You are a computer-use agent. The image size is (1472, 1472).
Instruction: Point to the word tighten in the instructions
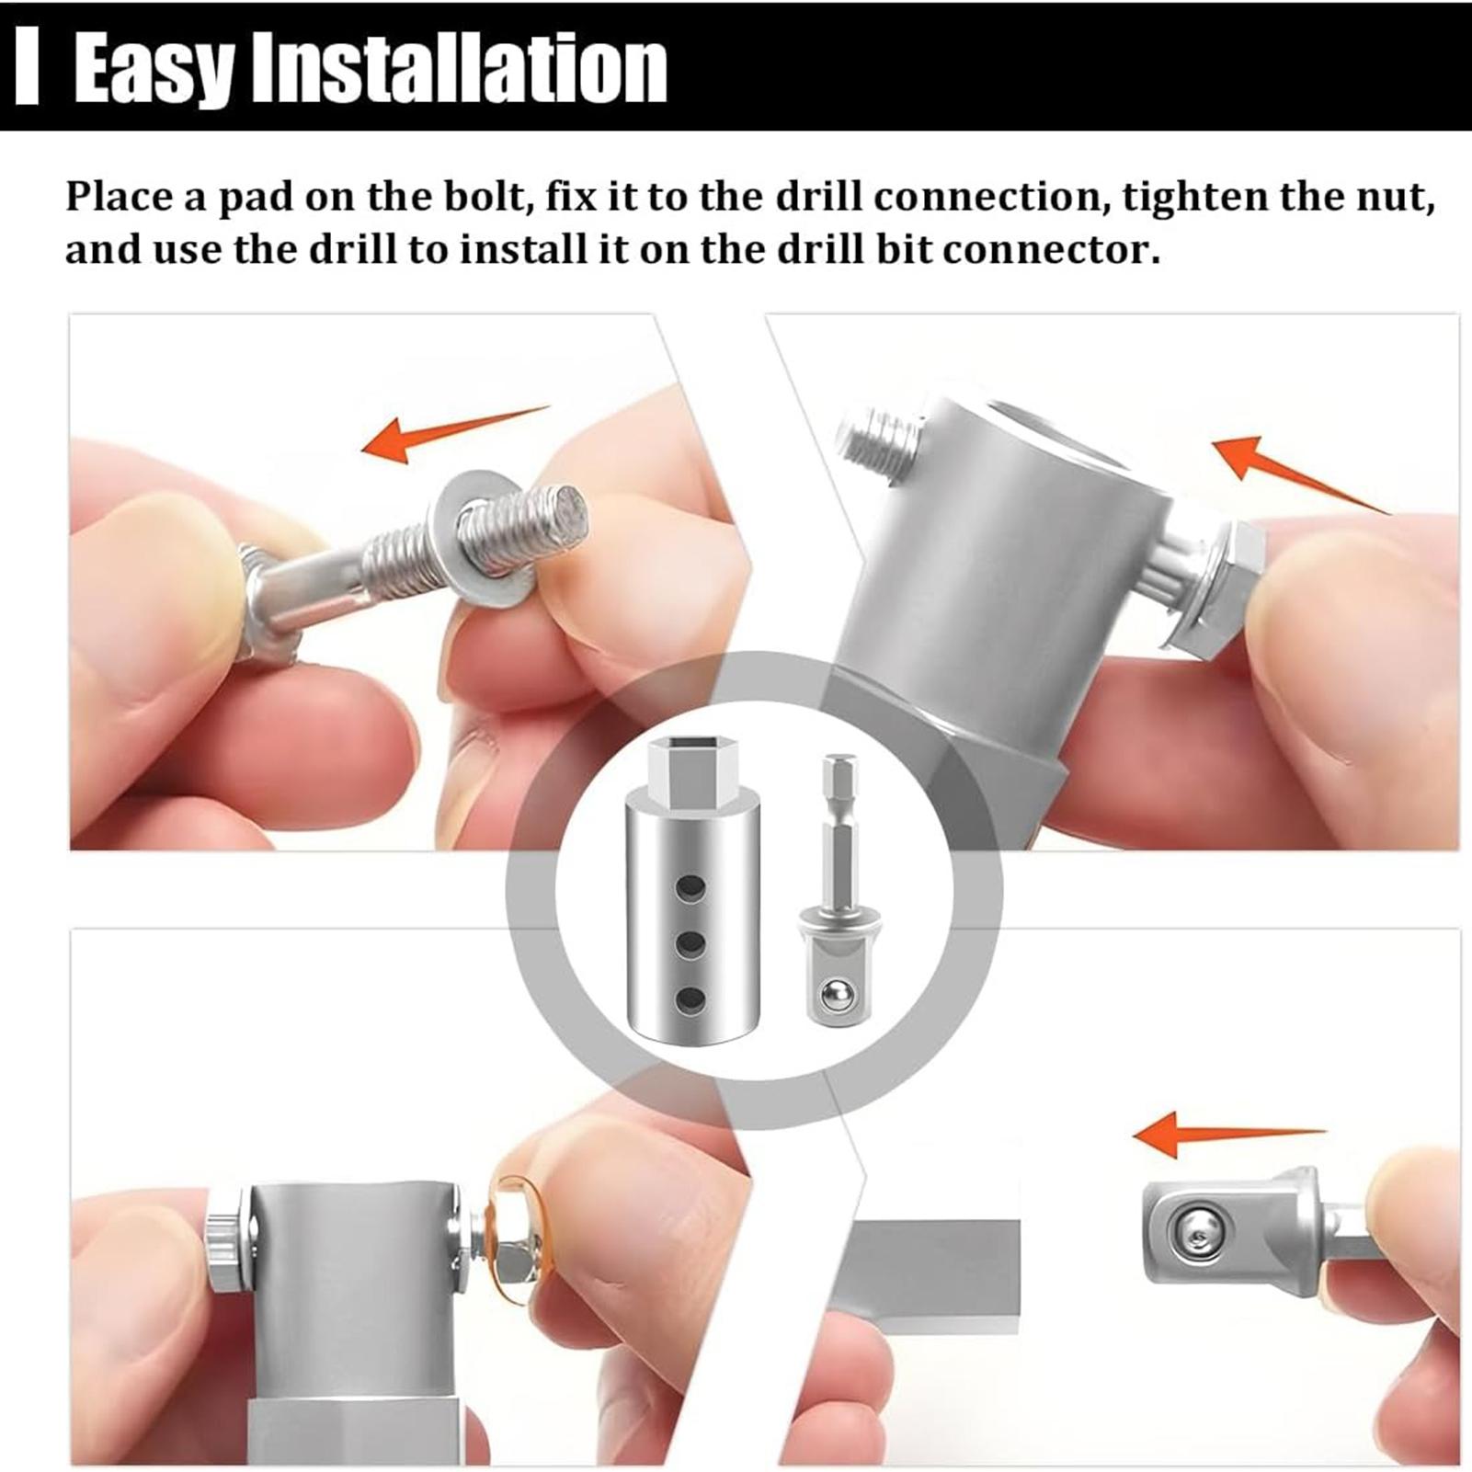(x=1193, y=199)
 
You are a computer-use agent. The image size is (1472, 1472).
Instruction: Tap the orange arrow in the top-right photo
(x=1299, y=474)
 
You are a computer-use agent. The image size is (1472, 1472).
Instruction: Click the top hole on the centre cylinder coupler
(x=690, y=888)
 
